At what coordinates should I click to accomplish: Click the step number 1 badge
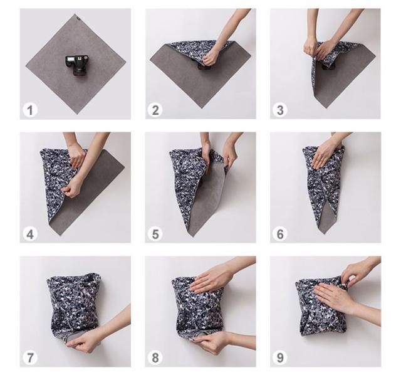(30, 110)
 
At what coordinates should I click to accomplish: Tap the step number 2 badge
(155, 110)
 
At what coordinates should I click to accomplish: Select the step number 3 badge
(280, 110)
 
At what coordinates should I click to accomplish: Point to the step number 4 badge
(30, 234)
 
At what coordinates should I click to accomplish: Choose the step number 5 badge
(155, 234)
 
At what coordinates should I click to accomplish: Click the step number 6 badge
(280, 234)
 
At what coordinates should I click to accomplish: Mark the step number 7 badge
(30, 357)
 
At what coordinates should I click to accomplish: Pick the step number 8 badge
(155, 357)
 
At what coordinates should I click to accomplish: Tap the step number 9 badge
(280, 357)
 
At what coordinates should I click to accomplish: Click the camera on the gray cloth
(77, 65)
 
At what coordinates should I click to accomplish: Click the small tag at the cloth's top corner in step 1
(77, 18)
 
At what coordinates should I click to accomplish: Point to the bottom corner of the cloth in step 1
(77, 114)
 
